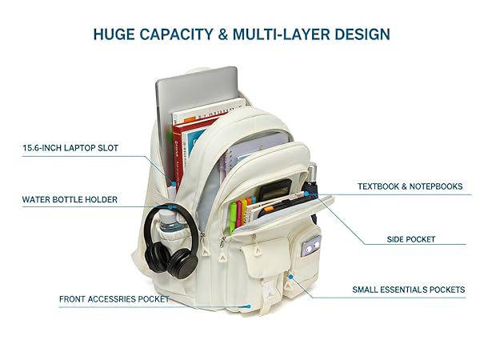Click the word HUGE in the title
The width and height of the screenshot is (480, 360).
point(114,34)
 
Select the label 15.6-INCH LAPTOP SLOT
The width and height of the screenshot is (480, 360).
point(70,148)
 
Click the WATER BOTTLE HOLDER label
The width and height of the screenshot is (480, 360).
point(70,199)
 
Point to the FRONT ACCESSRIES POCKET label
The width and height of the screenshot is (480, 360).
point(114,299)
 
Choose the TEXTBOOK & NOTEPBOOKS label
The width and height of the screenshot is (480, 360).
point(410,186)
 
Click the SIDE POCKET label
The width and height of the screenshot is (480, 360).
point(411,239)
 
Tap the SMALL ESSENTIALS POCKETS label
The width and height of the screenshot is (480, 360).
point(409,290)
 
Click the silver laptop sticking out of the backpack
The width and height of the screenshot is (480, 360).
point(196,92)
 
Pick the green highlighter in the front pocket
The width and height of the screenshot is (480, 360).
point(233,216)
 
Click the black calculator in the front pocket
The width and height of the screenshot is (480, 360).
point(274,189)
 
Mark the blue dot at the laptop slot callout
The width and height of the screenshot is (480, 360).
point(174,184)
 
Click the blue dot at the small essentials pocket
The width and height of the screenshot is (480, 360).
point(291,277)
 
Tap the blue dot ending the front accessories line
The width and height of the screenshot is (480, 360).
point(250,306)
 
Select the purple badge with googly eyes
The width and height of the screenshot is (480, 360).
point(311,246)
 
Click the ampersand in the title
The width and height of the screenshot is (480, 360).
point(223,34)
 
